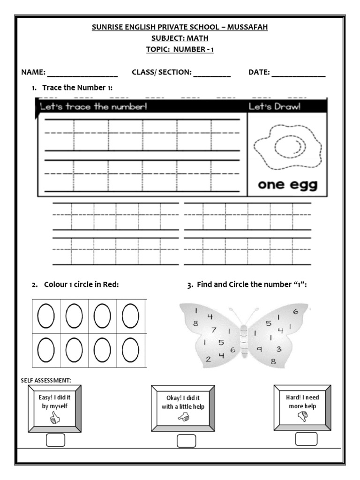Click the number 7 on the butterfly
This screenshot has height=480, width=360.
pos(213,330)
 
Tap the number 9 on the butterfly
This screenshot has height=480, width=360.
pos(258,349)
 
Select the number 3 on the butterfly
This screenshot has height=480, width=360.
pos(278,349)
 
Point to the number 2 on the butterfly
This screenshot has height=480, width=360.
pos(208,359)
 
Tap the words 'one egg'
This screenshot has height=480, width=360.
pos(287,185)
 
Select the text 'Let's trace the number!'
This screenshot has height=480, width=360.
pos(94,107)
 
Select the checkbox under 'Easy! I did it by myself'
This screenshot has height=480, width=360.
pos(56,441)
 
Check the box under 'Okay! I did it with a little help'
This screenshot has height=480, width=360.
pos(186,441)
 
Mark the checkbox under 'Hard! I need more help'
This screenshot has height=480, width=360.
pos(307,439)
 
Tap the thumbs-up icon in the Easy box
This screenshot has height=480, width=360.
pos(55,418)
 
